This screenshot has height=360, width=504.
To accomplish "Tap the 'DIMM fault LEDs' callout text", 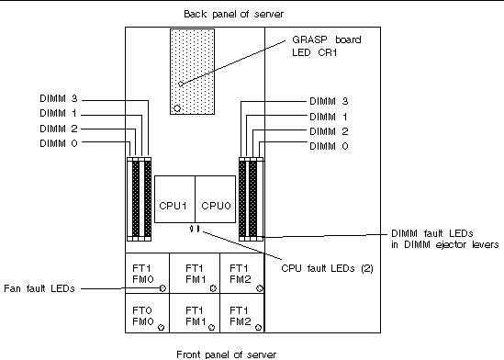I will (x=443, y=239).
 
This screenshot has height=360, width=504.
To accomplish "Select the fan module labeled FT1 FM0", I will (x=145, y=274).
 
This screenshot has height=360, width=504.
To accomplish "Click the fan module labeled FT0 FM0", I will (x=145, y=316).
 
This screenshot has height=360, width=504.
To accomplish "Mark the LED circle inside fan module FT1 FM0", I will (x=162, y=287).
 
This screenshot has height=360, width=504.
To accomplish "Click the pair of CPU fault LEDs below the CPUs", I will (x=194, y=230).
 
